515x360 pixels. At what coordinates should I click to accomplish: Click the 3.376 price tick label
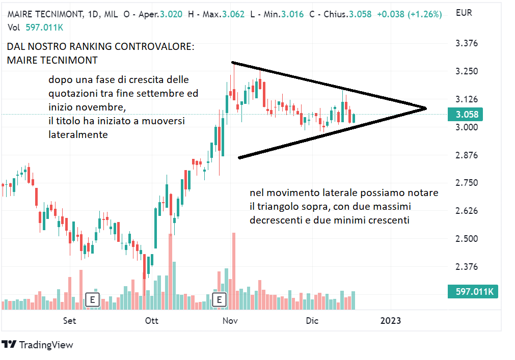click(466, 43)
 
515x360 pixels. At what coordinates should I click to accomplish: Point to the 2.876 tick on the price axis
click(466, 155)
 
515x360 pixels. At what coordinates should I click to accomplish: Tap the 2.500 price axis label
click(466, 239)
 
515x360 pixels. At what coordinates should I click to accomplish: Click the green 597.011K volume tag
click(472, 291)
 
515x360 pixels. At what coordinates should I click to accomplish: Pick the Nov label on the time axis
click(230, 320)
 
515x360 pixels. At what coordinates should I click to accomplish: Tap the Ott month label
click(152, 320)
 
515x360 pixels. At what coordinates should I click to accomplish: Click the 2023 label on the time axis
click(391, 320)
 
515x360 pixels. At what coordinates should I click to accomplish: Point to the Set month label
click(70, 320)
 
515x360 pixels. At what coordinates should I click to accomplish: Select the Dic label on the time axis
click(312, 320)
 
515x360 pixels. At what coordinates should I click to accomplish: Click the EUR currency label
click(464, 12)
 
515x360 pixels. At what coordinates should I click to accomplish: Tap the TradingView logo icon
click(9, 345)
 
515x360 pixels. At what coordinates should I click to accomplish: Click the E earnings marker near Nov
click(219, 299)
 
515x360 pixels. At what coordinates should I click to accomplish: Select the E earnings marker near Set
click(92, 299)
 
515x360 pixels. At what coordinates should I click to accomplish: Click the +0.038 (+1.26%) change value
click(409, 14)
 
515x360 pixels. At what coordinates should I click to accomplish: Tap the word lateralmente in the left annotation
click(78, 135)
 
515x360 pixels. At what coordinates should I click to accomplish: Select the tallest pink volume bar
click(234, 270)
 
